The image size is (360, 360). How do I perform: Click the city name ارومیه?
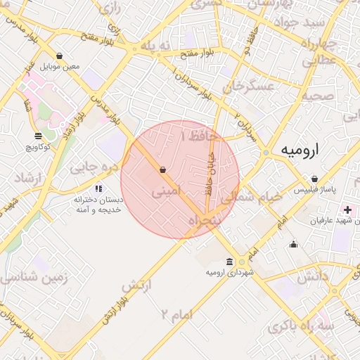[300, 150]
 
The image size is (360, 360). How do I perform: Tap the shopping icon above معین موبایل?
[58, 56]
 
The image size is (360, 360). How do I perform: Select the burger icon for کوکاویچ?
[37, 136]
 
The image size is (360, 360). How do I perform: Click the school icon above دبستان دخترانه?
[98, 188]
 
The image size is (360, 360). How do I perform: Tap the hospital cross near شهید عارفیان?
[347, 210]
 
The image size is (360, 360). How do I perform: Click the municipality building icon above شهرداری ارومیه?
[229, 262]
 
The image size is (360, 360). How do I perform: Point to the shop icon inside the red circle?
[163, 169]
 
